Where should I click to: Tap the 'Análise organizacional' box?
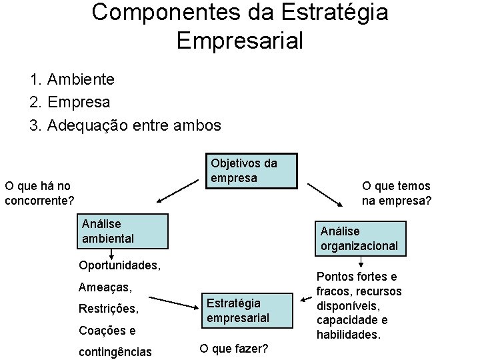point(360,238)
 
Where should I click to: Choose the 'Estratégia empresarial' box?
point(247,310)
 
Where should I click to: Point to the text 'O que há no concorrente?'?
point(39,193)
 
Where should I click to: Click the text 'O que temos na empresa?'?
point(396,193)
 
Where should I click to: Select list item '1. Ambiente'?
point(72,79)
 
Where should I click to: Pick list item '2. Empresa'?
point(70,102)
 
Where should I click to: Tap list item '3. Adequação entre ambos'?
point(125,125)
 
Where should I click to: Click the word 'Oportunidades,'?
point(119,265)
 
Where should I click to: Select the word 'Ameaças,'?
point(105,287)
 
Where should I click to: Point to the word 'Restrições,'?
point(109,309)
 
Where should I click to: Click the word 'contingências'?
point(115,351)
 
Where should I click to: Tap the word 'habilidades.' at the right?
point(349,335)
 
